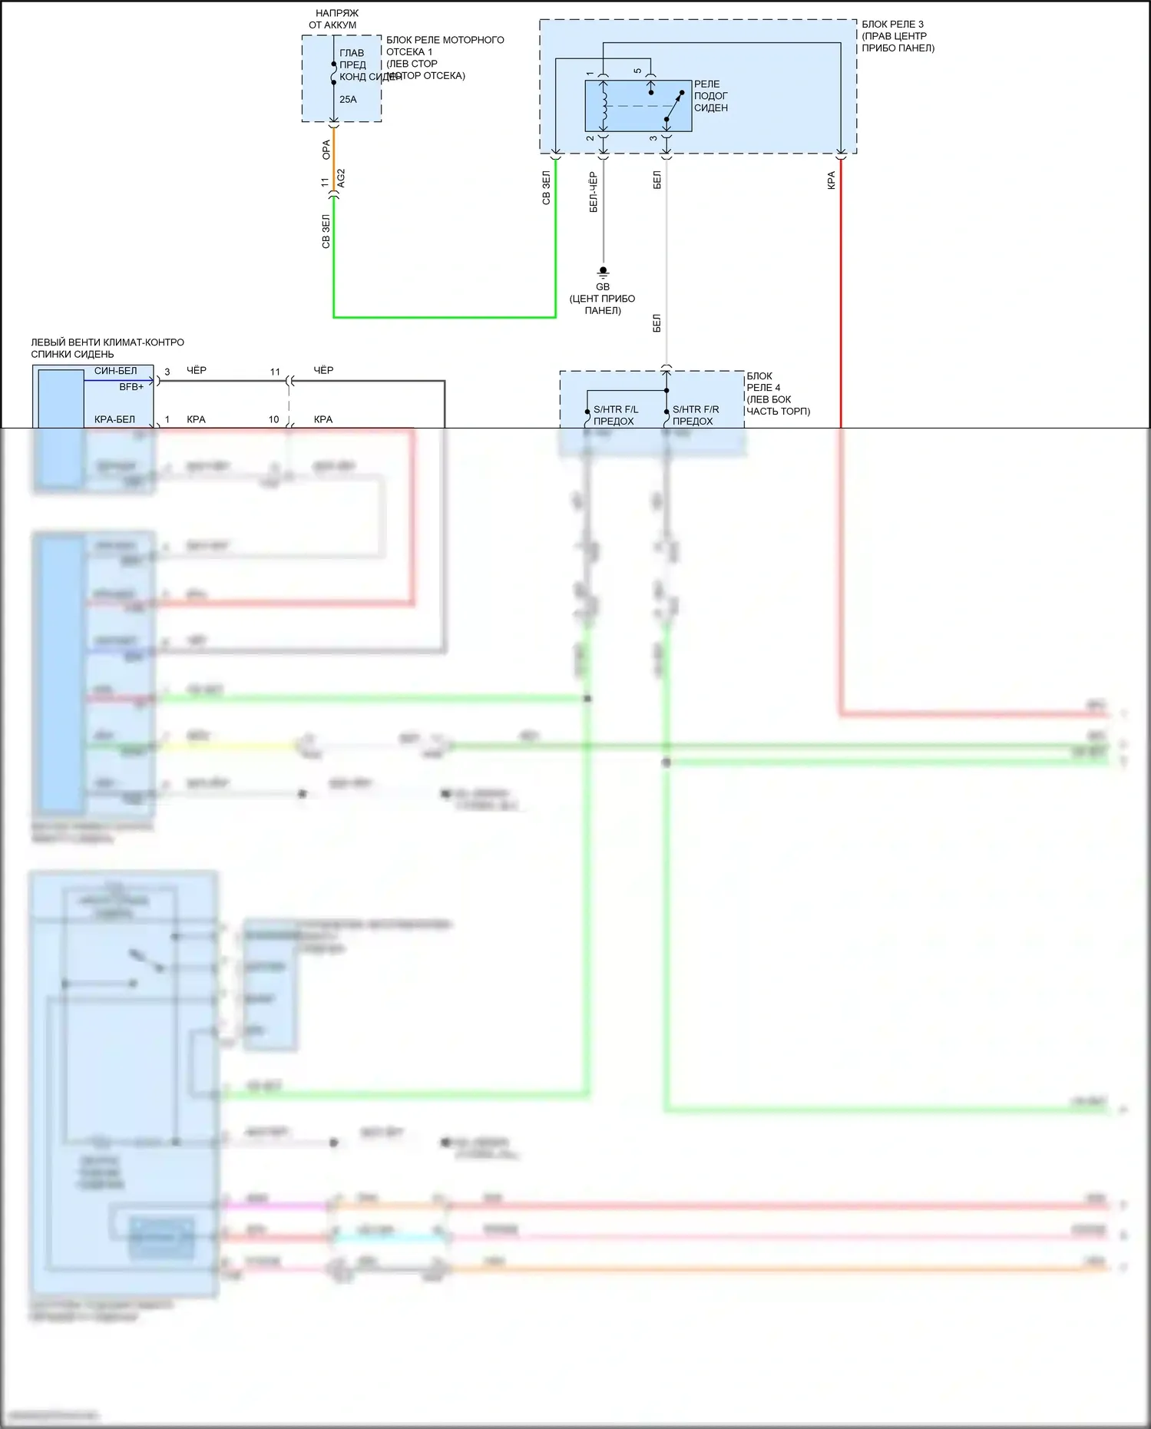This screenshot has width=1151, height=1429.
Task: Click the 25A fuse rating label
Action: pyautogui.click(x=348, y=99)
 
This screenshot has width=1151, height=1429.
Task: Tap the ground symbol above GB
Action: pyautogui.click(x=603, y=272)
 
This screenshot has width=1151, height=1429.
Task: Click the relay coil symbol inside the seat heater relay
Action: pyautogui.click(x=604, y=104)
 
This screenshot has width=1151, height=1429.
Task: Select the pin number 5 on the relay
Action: pyautogui.click(x=637, y=71)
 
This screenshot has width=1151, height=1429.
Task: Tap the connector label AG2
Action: pyautogui.click(x=342, y=178)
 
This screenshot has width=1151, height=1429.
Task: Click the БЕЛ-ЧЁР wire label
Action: pyautogui.click(x=593, y=192)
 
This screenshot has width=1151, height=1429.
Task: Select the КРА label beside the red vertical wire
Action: pyautogui.click(x=831, y=180)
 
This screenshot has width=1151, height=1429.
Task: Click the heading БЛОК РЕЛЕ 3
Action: pyautogui.click(x=892, y=25)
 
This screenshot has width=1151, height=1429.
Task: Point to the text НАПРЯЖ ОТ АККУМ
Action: pyautogui.click(x=333, y=19)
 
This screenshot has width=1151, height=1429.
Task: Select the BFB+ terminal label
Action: pyautogui.click(x=131, y=387)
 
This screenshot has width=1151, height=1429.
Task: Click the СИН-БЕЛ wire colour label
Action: pyautogui.click(x=115, y=371)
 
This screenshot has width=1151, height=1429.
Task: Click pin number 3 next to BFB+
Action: pyautogui.click(x=167, y=372)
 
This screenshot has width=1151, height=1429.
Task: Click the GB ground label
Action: pyautogui.click(x=603, y=286)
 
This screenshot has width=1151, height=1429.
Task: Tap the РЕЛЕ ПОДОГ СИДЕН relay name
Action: pyautogui.click(x=710, y=96)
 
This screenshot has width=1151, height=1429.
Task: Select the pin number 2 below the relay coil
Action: pyautogui.click(x=590, y=138)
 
